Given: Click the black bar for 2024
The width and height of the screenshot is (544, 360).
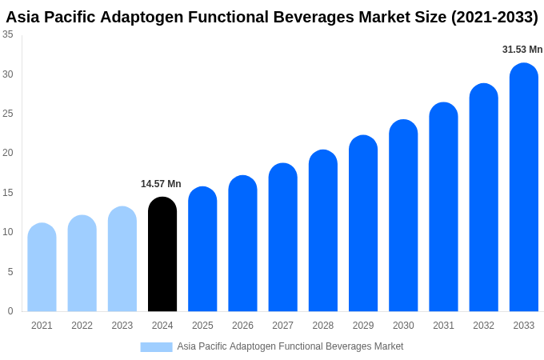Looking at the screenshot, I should coord(162,254).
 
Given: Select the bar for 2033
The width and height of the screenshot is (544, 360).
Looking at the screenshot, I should coord(524,187).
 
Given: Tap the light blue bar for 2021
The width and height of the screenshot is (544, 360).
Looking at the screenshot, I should coord(42,267).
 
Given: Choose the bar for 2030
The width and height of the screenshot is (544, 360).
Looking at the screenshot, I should coord(403,216).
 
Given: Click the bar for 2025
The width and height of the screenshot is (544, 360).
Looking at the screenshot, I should coord(202,249).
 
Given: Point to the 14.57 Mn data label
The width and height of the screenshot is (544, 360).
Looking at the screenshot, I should coord(161,184).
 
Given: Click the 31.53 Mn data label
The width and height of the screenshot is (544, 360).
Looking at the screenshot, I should coord(522,50).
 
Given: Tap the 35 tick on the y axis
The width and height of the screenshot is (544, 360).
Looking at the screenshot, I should coord(8,34).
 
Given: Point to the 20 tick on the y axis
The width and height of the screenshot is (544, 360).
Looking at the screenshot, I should coord(8,153).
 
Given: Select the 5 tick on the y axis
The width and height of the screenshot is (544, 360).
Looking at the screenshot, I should coord(10,272).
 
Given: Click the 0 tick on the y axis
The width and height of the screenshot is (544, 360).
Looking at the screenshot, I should coord(10,311).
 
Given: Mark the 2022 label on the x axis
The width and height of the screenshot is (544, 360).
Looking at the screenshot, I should coord(82,326).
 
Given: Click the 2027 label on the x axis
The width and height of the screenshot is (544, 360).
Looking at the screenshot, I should coord(282,326).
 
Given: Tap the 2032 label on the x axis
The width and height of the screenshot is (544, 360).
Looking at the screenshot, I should coord(483,326).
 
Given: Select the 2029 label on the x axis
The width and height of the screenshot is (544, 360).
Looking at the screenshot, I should coord(363,326).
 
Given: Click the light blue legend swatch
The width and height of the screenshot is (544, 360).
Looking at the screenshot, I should coord(156,347).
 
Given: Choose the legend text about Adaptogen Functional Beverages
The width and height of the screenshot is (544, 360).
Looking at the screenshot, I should coord(290,346).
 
